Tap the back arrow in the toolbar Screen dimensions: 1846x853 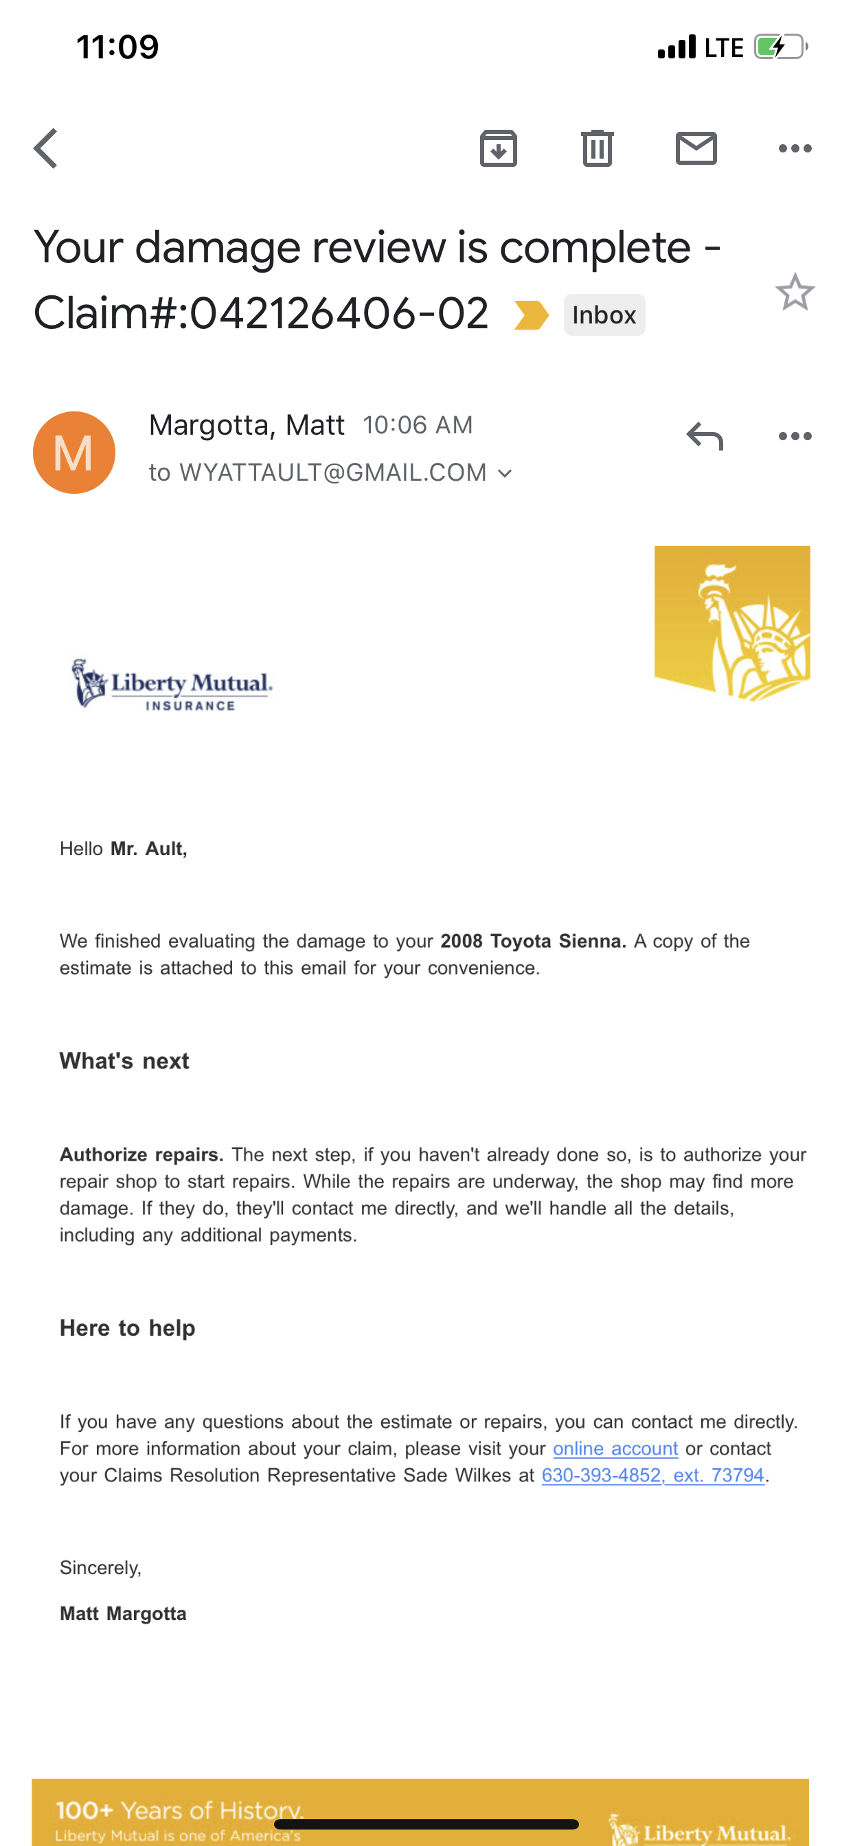(x=46, y=148)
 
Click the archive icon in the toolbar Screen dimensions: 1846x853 (x=498, y=148)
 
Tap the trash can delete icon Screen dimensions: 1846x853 (x=597, y=148)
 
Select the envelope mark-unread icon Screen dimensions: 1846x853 (x=696, y=148)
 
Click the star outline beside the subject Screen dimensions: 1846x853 (x=794, y=293)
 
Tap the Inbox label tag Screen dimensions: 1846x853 (x=604, y=315)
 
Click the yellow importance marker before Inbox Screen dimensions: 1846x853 (x=531, y=315)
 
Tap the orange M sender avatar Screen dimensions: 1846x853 (x=74, y=452)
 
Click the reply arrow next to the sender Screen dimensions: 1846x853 (x=705, y=435)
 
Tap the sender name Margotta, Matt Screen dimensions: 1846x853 (x=247, y=425)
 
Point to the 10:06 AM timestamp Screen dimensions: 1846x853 (x=417, y=425)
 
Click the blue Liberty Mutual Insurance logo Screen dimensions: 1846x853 (x=172, y=685)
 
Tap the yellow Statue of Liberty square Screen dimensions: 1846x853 (x=732, y=623)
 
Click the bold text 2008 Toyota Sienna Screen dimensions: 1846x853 (x=532, y=941)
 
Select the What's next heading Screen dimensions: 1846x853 (x=124, y=1061)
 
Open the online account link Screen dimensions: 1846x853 (x=615, y=1448)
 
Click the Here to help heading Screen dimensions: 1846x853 (x=127, y=1328)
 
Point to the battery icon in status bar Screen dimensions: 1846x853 (x=780, y=47)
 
